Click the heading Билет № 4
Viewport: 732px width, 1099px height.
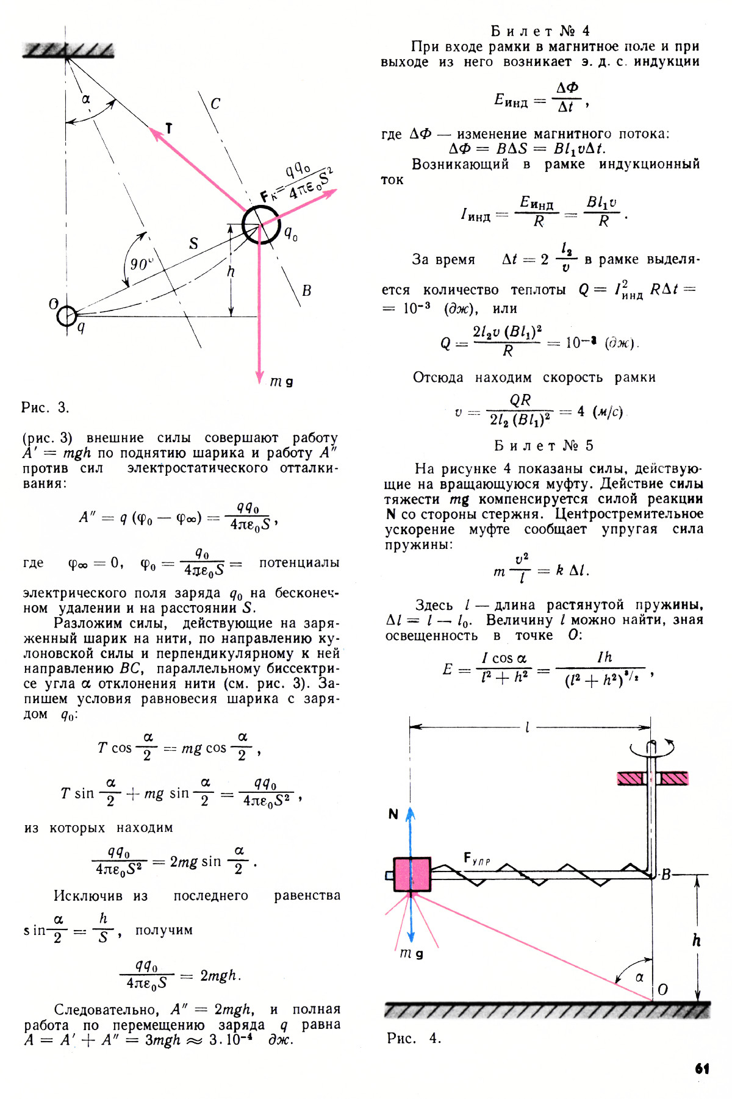pos(540,31)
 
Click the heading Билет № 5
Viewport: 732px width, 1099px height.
pos(543,446)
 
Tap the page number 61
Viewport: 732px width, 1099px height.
pos(701,1069)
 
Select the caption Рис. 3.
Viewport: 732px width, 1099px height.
pos(45,407)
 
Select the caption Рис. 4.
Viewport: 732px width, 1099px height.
pos(414,1038)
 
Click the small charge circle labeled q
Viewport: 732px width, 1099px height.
pos(66,316)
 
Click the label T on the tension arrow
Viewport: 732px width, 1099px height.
pos(169,128)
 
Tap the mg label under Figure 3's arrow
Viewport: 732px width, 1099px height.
pos(281,382)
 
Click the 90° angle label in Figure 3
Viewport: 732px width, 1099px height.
pos(141,264)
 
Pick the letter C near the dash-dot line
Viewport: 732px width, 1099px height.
pos(215,104)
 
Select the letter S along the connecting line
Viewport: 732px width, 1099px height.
pos(193,243)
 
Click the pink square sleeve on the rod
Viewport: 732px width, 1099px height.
pos(412,875)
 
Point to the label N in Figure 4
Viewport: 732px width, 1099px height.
pos(393,814)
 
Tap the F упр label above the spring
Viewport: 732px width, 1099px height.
pos(476,859)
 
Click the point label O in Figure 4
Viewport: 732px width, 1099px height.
pos(663,989)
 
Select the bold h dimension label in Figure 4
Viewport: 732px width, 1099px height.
pos(696,940)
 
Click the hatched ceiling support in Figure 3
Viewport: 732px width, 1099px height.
pos(68,51)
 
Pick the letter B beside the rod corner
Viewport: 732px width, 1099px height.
pos(666,875)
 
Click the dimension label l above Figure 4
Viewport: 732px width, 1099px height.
pos(527,727)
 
